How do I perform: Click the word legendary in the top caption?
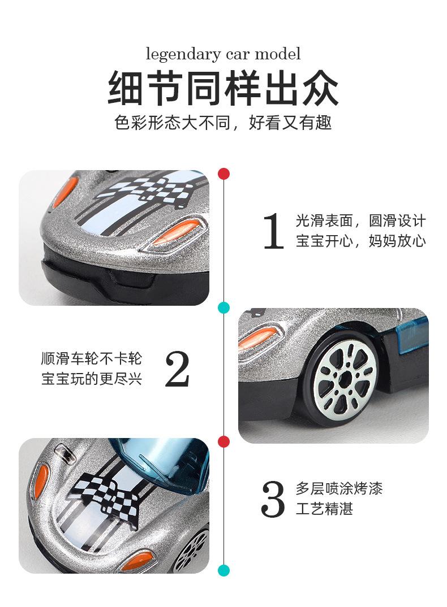click(x=175, y=55)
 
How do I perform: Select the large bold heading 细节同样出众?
click(x=223, y=88)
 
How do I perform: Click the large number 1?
click(x=273, y=232)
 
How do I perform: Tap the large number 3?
click(x=273, y=499)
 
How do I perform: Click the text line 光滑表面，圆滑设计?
click(x=360, y=221)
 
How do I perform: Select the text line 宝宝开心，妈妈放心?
click(x=360, y=242)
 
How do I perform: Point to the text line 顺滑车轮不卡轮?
click(x=92, y=359)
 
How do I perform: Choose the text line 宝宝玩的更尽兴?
click(x=92, y=379)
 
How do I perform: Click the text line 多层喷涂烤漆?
click(x=339, y=488)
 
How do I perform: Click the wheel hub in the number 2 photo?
click(x=345, y=376)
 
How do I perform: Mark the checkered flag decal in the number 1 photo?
click(x=141, y=190)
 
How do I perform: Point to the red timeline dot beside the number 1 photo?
click(x=224, y=174)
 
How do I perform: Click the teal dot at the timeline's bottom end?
click(x=224, y=570)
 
